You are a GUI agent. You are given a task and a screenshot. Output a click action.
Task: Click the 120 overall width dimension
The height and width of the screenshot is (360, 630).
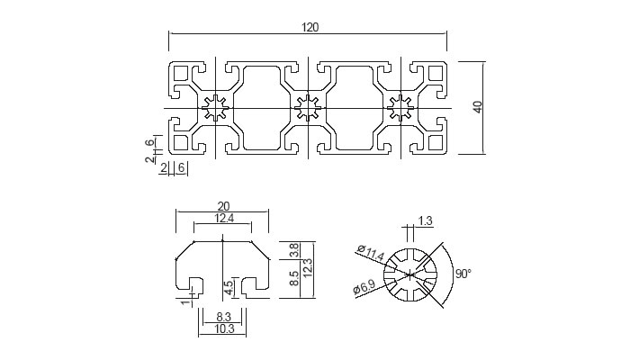click(x=309, y=27)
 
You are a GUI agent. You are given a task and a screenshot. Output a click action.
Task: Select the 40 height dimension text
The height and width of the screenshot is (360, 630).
click(x=478, y=106)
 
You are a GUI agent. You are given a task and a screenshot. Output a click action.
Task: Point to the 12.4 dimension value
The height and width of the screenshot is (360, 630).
click(x=224, y=219)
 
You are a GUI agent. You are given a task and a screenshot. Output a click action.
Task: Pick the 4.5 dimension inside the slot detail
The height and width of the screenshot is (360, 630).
click(x=229, y=288)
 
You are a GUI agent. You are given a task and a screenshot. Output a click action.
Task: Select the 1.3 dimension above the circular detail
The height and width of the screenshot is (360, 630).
click(x=427, y=220)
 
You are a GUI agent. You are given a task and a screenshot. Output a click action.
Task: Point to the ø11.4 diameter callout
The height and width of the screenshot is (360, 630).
click(x=371, y=254)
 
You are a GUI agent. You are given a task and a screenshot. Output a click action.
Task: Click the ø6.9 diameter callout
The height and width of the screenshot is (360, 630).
click(x=364, y=288)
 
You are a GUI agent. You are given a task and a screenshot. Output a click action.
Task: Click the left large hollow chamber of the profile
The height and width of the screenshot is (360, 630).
click(x=262, y=108)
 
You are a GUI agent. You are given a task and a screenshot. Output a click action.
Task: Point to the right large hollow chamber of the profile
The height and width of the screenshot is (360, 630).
click(x=353, y=108)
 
